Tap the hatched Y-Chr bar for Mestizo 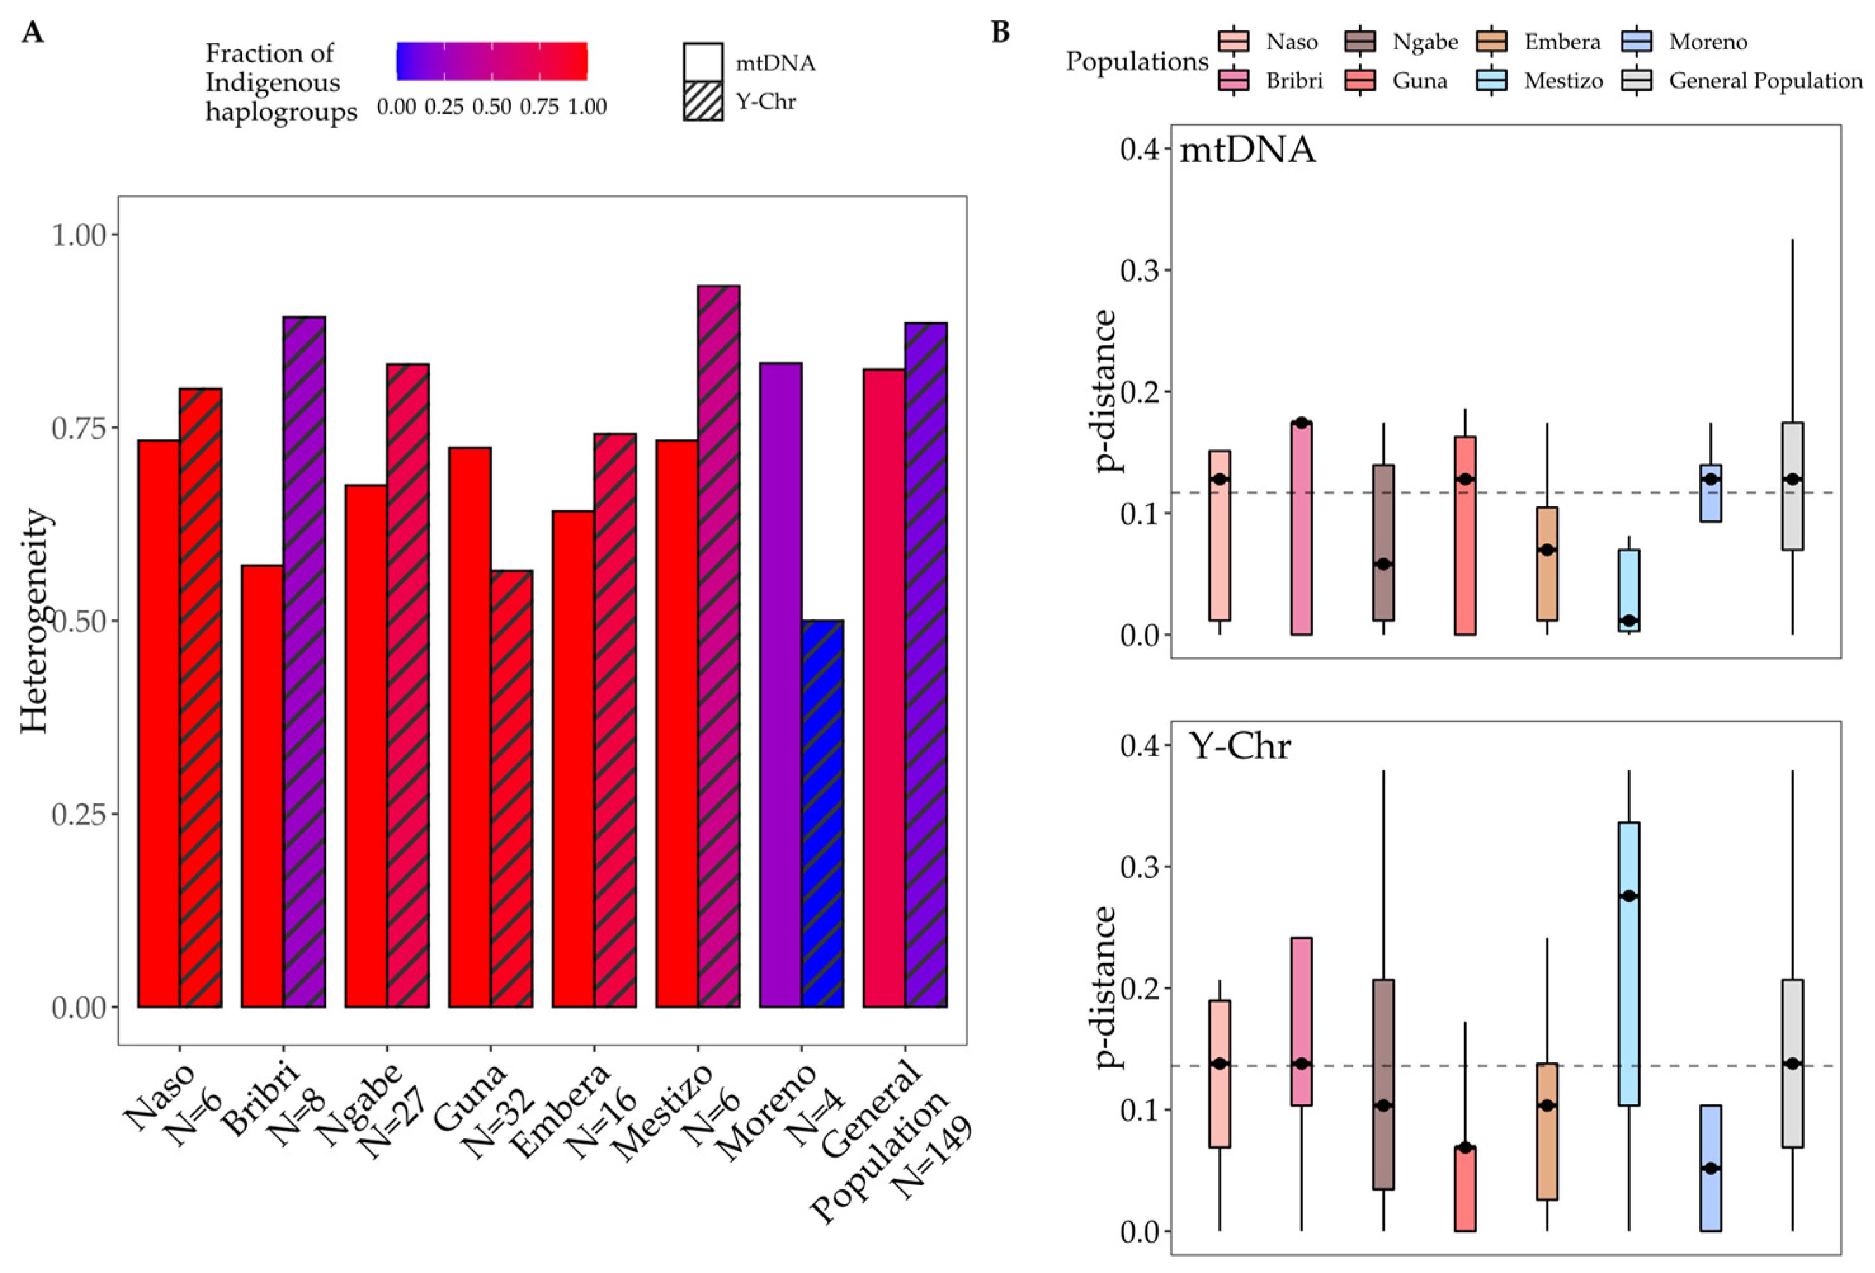718,645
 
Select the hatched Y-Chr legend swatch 702,101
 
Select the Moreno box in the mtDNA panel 1711,493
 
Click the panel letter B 1001,32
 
